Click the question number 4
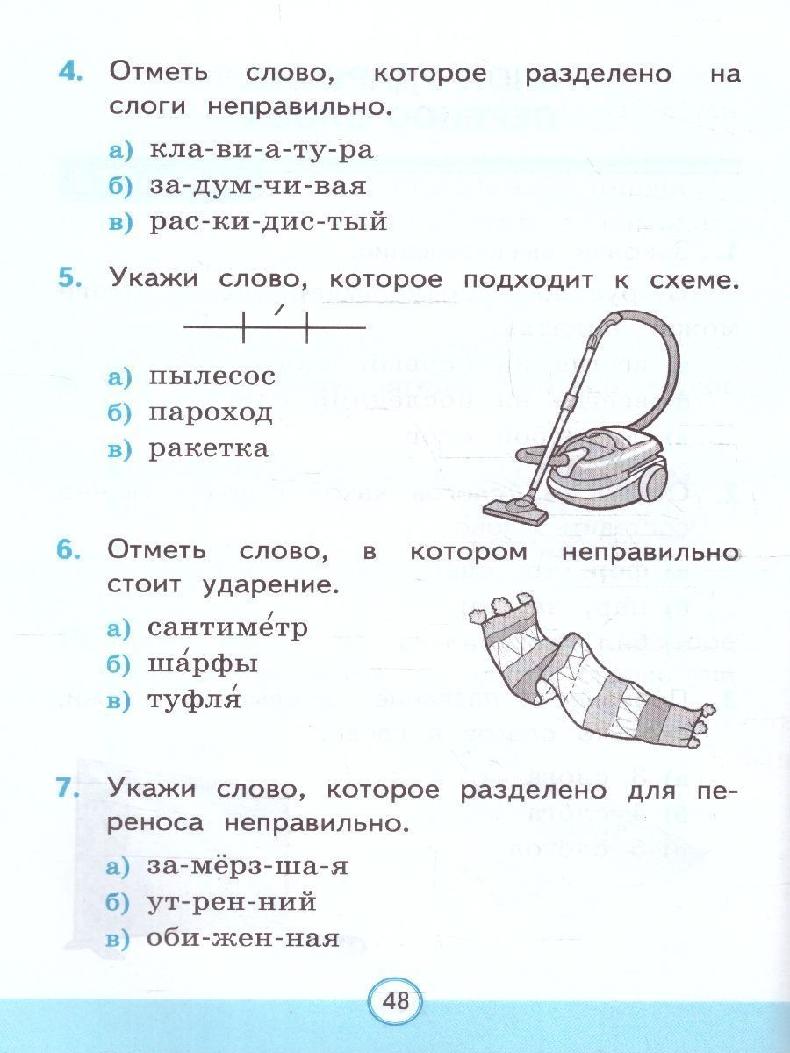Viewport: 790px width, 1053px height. (x=70, y=74)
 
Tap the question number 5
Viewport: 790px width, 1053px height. (x=69, y=278)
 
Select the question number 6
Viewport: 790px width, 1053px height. (x=68, y=550)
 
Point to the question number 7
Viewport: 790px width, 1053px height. (x=68, y=788)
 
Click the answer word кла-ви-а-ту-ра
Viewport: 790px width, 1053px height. (x=261, y=149)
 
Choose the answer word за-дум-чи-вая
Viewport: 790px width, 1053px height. (x=257, y=186)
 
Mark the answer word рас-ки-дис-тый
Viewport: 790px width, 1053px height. (x=268, y=222)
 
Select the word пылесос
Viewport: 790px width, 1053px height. (x=212, y=376)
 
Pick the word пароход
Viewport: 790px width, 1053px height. (x=210, y=413)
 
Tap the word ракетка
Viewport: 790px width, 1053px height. (x=208, y=449)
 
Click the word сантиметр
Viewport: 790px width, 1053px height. (x=226, y=627)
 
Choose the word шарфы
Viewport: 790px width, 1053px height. (x=202, y=664)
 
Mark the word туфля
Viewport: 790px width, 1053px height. (x=193, y=699)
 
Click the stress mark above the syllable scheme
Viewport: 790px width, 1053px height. (x=279, y=310)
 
